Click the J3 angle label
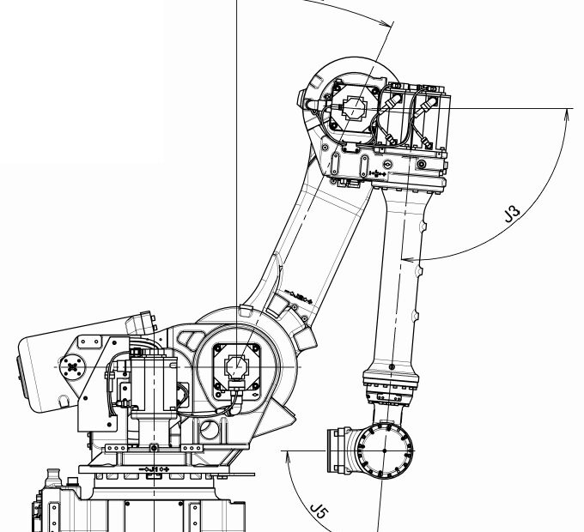coord(513,213)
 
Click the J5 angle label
coord(319,513)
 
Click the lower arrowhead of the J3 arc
coord(406,257)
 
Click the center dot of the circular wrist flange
coord(383,450)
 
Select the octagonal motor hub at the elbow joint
coord(354,110)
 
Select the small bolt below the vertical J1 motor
coord(153,448)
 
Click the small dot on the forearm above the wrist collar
coord(392,367)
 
